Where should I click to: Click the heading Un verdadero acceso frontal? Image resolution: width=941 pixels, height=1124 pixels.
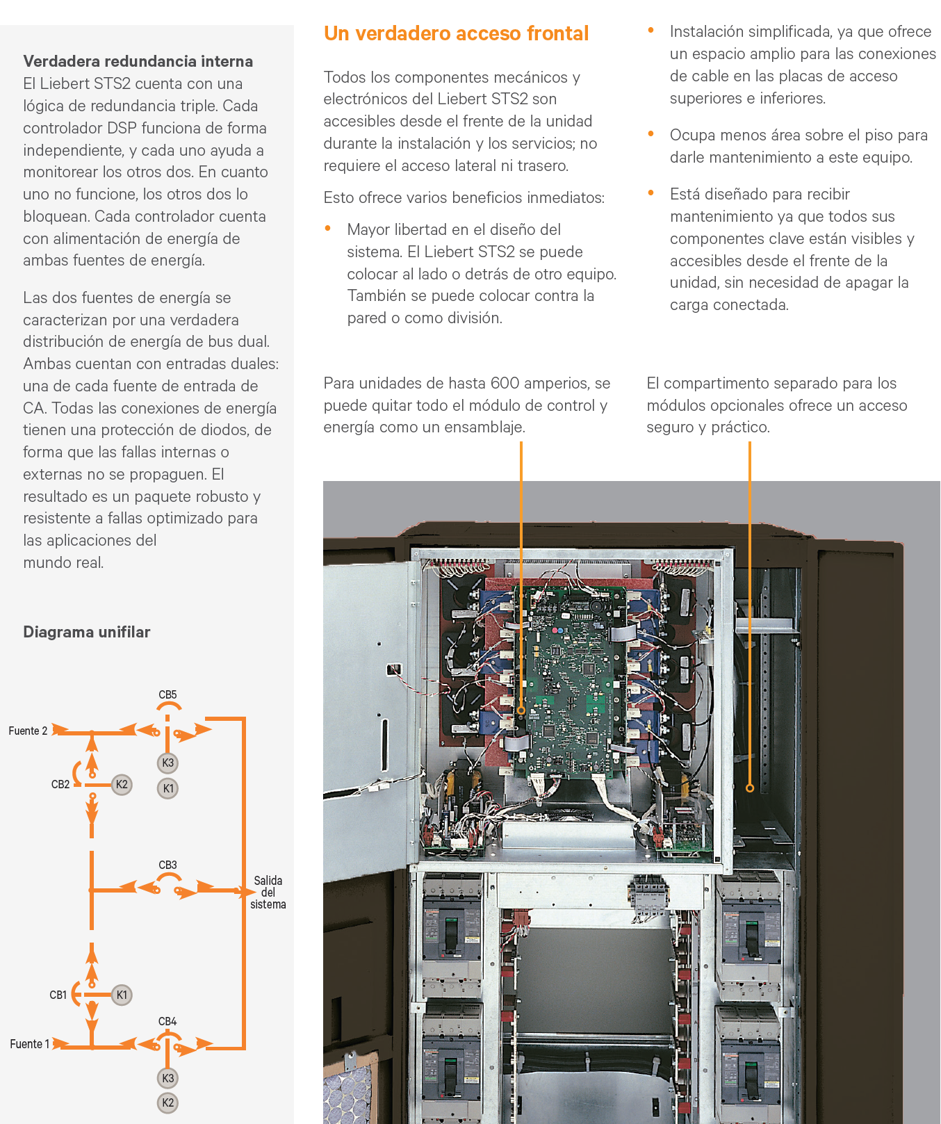click(x=456, y=33)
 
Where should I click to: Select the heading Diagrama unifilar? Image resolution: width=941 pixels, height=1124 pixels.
click(x=86, y=632)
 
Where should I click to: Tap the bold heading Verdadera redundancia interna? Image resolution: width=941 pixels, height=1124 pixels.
click(x=138, y=61)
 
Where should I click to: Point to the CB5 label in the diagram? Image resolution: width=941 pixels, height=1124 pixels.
click(x=167, y=694)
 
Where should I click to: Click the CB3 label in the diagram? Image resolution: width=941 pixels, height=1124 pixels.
click(x=167, y=865)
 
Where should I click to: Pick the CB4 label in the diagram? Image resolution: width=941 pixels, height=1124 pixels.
click(x=167, y=1021)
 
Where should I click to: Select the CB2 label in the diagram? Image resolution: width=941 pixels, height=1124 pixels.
click(x=60, y=784)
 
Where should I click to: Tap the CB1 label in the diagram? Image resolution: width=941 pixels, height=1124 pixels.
click(x=58, y=995)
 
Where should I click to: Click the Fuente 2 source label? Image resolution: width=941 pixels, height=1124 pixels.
click(x=28, y=731)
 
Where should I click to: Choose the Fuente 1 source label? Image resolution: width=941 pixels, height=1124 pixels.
click(x=29, y=1043)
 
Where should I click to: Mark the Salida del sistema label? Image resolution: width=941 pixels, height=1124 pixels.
click(x=268, y=893)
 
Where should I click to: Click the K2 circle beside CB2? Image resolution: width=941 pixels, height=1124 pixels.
click(x=122, y=784)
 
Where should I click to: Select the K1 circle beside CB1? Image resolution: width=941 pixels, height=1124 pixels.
click(x=122, y=995)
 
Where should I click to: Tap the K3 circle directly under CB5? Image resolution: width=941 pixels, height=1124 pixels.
click(x=167, y=763)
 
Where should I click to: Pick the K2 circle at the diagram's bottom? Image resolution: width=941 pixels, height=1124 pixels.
click(x=167, y=1102)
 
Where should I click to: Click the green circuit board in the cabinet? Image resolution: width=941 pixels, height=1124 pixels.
click(x=570, y=681)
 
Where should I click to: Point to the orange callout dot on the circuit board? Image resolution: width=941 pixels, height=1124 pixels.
click(x=521, y=711)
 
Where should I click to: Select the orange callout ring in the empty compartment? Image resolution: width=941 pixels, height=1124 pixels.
click(x=750, y=788)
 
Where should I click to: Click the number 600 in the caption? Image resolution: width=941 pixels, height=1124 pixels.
click(x=505, y=383)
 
